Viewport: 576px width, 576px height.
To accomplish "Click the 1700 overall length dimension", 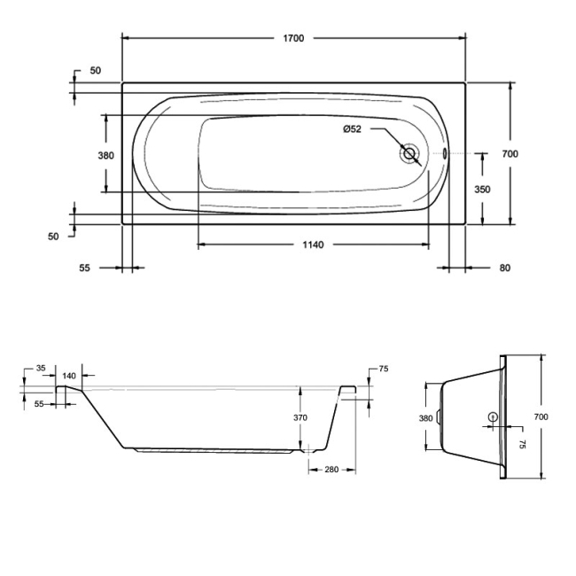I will pyautogui.click(x=293, y=38).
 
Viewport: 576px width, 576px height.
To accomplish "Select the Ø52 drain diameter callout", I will pyautogui.click(x=353, y=129).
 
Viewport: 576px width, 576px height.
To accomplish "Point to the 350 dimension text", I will pyautogui.click(x=481, y=189).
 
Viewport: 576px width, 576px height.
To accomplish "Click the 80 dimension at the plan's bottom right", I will pyautogui.click(x=504, y=268).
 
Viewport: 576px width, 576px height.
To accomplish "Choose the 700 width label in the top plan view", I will pyautogui.click(x=510, y=153).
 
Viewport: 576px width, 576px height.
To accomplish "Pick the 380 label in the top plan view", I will pyautogui.click(x=105, y=155).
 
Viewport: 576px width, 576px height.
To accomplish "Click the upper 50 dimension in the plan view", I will pyautogui.click(x=95, y=70).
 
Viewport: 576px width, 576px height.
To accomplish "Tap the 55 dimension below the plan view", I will pyautogui.click(x=85, y=268).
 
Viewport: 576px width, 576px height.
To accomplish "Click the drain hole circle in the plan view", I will pyautogui.click(x=409, y=153).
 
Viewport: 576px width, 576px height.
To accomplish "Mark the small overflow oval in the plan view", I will pyautogui.click(x=446, y=153).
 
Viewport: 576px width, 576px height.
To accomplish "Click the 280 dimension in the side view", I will pyautogui.click(x=330, y=470).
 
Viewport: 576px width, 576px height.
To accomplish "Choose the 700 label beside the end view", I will pyautogui.click(x=541, y=416).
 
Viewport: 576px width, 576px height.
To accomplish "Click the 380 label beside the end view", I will pyautogui.click(x=425, y=418).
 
